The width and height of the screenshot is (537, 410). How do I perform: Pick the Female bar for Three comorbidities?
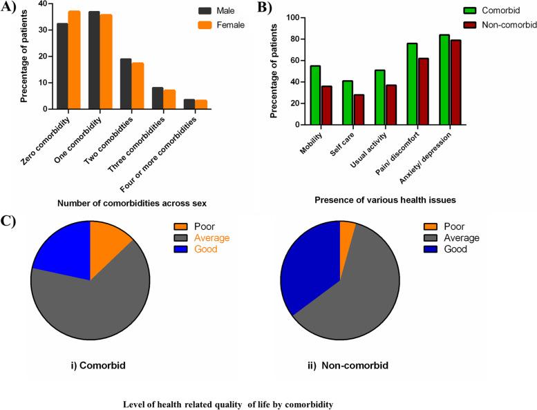point(169,99)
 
